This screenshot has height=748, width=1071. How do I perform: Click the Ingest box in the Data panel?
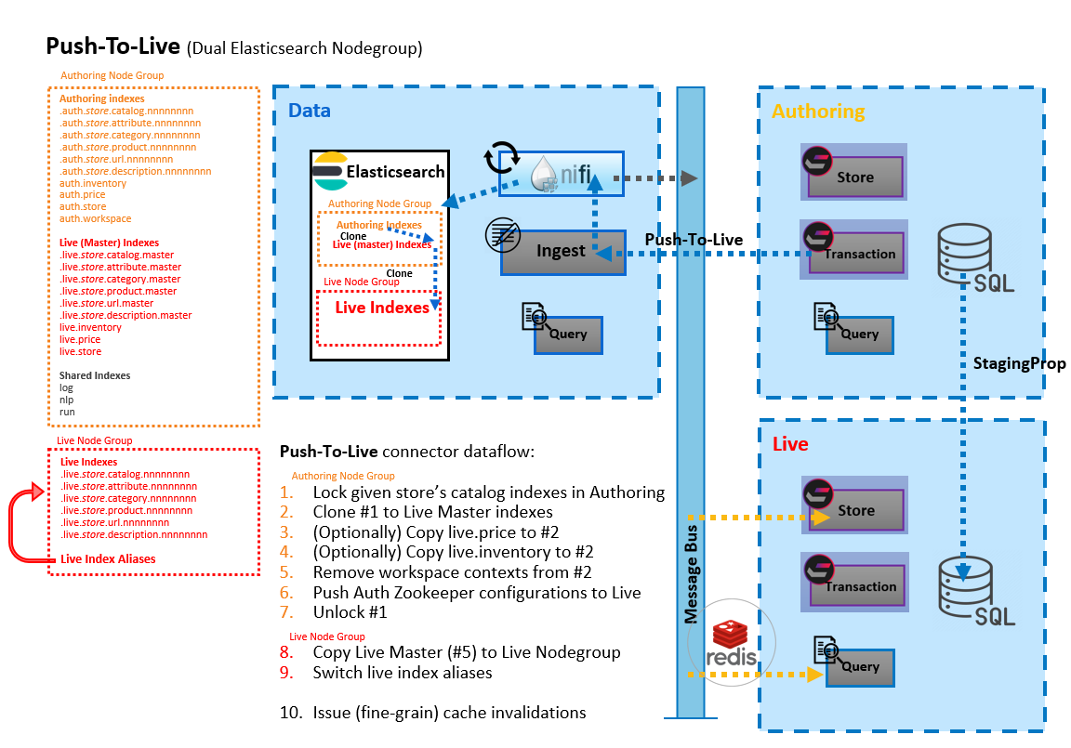coord(562,252)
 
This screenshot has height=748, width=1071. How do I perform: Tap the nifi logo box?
coord(561,174)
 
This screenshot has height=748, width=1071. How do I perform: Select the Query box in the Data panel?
coord(568,335)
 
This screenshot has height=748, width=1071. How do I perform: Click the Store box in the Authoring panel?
coord(855,177)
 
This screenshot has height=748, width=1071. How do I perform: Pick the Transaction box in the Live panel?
coord(857,585)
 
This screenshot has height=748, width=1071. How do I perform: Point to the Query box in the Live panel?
coord(860,667)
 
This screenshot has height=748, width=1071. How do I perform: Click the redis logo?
coord(731,643)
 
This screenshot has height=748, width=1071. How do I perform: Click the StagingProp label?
coord(1019,363)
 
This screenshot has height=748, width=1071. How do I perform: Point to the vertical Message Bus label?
coord(692,574)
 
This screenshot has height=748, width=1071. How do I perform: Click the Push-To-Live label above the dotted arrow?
coord(694,240)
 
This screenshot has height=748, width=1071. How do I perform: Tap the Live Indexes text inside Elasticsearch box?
coord(382,308)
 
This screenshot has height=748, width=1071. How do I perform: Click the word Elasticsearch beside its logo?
coord(395,172)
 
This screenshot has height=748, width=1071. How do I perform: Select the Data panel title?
coord(310,111)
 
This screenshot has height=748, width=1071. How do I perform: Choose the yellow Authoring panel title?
coord(818,112)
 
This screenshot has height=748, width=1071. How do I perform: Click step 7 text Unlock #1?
coord(350,612)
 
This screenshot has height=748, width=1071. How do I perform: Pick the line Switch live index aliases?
coord(403,672)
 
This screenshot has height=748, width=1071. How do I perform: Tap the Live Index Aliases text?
coord(108,559)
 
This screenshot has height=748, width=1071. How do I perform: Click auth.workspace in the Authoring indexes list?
coord(95,219)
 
